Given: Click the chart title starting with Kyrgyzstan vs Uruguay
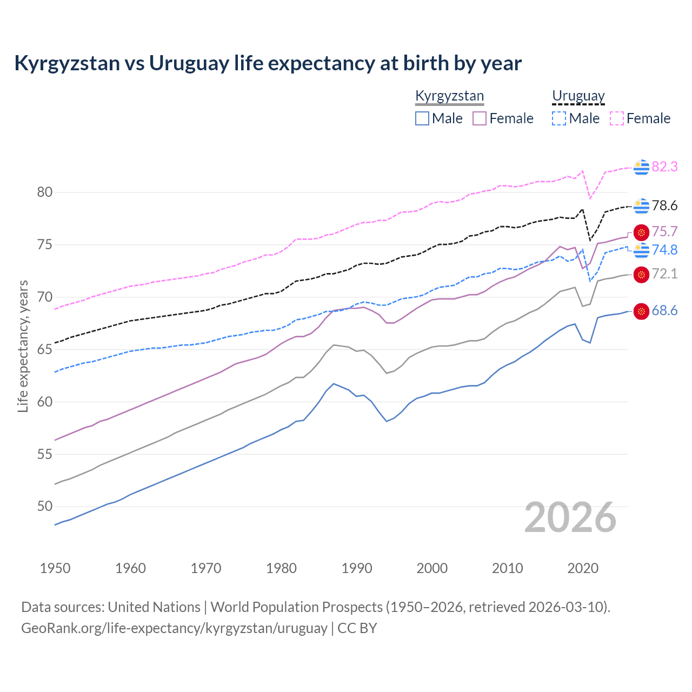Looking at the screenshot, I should coord(268,63).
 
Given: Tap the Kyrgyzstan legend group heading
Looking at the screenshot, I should coord(449,96).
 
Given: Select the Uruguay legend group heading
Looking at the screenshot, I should coord(578,96).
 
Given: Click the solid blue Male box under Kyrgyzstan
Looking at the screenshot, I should coord(422,118).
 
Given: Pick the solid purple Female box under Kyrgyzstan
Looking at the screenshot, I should coord(480,118).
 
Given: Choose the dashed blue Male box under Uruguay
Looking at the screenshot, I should coord(559,118).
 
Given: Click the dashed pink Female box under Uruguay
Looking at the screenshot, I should coord(617,118).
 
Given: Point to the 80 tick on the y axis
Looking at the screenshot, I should coord(45,192).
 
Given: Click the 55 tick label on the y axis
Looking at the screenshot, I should coord(45,454).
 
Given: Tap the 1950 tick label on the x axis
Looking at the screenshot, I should coord(55,568).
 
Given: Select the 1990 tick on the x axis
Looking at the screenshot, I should coord(357,568).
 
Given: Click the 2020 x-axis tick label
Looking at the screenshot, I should coord(583,568).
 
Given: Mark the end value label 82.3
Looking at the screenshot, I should coord(664,167).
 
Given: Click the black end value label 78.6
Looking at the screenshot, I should coord(664,206).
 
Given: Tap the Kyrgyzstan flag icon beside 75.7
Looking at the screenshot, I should coord(641,232).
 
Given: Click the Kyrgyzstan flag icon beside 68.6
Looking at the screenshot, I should coord(641,311).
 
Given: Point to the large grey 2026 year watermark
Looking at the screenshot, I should coord(570,517).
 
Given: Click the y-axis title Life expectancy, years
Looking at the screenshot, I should coord(23,346).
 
